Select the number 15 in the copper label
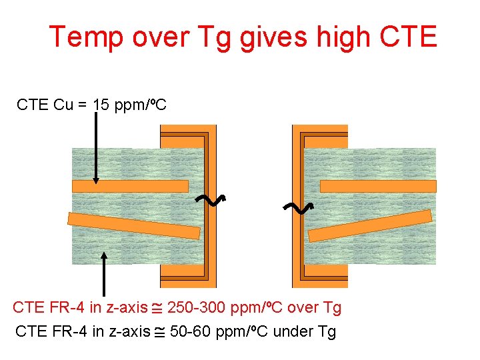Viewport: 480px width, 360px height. (x=101, y=105)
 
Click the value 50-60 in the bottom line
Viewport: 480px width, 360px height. (x=193, y=331)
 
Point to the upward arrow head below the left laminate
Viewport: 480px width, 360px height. (x=104, y=255)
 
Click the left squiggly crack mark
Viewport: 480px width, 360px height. (x=212, y=199)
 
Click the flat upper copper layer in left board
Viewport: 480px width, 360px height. (x=130, y=186)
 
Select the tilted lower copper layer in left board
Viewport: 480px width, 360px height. (x=133, y=225)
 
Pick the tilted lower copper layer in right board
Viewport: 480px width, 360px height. (x=370, y=226)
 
